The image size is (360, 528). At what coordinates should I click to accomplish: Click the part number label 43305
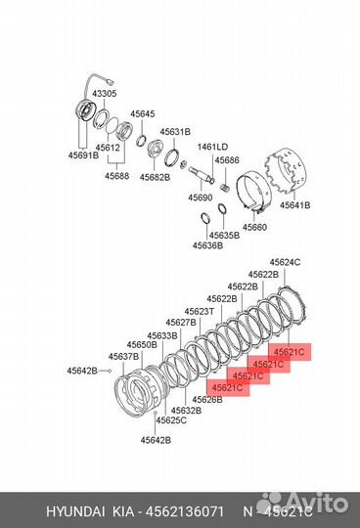click(105, 94)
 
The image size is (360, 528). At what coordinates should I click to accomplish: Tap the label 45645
click(143, 114)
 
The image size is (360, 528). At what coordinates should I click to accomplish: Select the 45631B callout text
click(175, 132)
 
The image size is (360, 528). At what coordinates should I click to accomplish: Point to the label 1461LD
click(212, 147)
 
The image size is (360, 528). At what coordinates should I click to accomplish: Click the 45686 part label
click(227, 160)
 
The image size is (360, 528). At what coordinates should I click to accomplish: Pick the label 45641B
click(295, 205)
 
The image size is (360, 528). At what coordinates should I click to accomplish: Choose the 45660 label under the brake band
click(254, 227)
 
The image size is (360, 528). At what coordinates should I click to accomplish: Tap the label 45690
click(201, 198)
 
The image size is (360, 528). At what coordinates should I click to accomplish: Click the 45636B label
click(207, 245)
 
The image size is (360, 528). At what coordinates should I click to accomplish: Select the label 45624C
click(286, 262)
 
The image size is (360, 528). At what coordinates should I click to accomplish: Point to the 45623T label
click(200, 312)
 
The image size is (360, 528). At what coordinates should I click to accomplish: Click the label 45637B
click(123, 356)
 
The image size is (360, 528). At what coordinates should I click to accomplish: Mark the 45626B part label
click(207, 399)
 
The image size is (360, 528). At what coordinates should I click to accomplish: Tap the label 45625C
click(171, 420)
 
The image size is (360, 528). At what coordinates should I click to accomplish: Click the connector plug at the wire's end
click(111, 81)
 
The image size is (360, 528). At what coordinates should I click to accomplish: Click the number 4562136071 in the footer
click(185, 511)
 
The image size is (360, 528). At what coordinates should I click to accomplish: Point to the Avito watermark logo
click(302, 503)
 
